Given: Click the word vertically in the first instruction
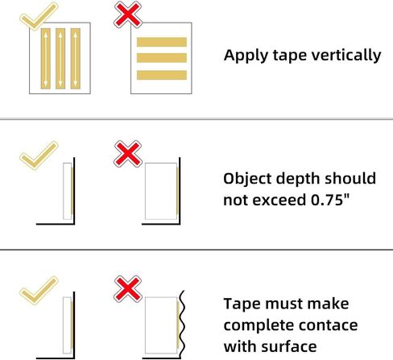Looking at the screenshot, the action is pyautogui.click(x=346, y=56).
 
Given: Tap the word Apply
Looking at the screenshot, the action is pyautogui.click(x=246, y=56).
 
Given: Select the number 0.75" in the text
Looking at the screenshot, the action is pyautogui.click(x=330, y=200).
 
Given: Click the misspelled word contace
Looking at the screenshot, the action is pyautogui.click(x=328, y=325).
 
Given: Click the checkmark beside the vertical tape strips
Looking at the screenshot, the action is pyautogui.click(x=39, y=16).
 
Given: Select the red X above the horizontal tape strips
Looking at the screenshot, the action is pyautogui.click(x=128, y=14).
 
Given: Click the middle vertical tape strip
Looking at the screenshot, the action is pyautogui.click(x=60, y=59).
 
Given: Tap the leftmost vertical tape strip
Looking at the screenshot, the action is pyautogui.click(x=46, y=59).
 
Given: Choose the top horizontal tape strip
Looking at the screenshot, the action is pyautogui.click(x=162, y=42).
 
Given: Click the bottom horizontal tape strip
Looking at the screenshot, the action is pyautogui.click(x=162, y=75).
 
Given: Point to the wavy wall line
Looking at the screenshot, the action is pyautogui.click(x=182, y=324).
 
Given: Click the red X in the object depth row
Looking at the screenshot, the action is pyautogui.click(x=128, y=154).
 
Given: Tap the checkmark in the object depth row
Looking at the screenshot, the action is pyautogui.click(x=39, y=155).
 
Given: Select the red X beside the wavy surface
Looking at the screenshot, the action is pyautogui.click(x=128, y=289).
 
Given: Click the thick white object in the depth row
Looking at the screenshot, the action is pyautogui.click(x=161, y=191).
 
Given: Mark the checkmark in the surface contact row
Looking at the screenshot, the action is pyautogui.click(x=39, y=290).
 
